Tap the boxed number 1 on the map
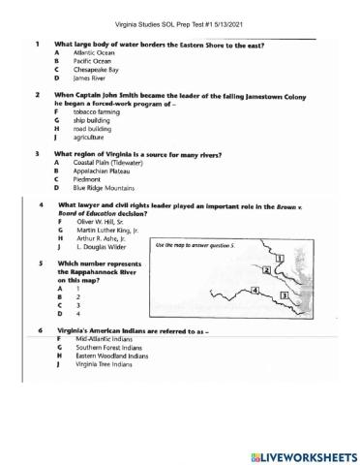point(278,259)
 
